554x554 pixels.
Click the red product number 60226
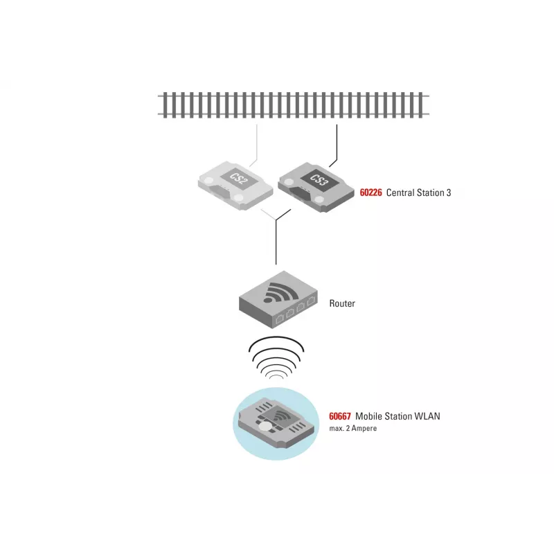point(370,193)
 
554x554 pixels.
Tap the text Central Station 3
point(418,193)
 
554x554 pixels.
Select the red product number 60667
point(340,416)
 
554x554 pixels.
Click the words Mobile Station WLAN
point(397,416)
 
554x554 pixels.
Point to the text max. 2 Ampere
point(353,428)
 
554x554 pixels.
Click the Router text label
point(342,303)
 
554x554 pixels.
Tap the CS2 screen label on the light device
point(239,178)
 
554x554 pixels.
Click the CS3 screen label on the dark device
point(319,179)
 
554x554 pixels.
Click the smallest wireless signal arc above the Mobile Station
point(276,376)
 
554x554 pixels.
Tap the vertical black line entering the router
point(276,242)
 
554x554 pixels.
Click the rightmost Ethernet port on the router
point(311,301)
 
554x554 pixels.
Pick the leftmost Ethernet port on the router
point(280,319)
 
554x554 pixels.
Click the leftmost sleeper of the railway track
point(165,105)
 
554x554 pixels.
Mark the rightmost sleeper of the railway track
point(420,105)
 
